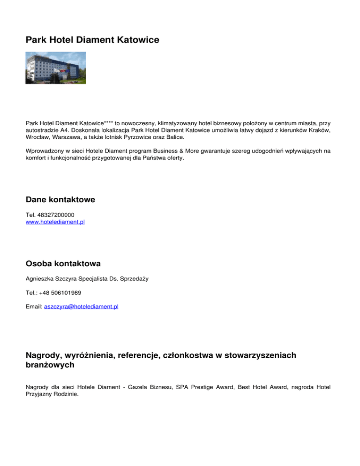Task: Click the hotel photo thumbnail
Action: point(56,68)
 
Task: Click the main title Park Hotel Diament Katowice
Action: point(92,40)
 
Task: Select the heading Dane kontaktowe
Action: point(60,200)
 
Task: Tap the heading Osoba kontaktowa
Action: point(63,264)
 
